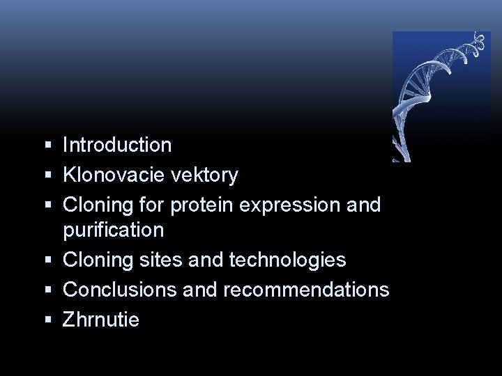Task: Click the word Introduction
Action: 117,145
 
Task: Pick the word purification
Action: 113,230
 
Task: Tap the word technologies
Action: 286,260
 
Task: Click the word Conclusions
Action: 120,289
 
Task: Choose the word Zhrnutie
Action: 101,320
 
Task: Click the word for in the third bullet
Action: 151,205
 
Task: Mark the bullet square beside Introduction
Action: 47,146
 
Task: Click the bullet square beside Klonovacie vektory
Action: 47,175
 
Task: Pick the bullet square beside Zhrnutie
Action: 47,320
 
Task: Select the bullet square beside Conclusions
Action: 47,290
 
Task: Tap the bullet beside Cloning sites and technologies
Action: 47,260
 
